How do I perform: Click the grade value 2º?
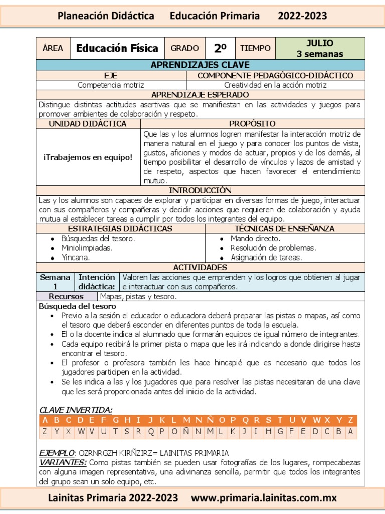tap(220, 48)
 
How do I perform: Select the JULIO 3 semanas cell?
tap(320, 48)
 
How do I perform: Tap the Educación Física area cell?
tap(117, 48)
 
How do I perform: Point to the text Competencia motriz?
tap(111, 85)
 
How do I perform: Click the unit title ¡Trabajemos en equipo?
tap(88, 157)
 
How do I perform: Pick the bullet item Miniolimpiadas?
tap(87, 248)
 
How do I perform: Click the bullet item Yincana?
tap(76, 258)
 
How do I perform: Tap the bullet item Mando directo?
tap(255, 239)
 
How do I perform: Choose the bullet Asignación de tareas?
tap(266, 258)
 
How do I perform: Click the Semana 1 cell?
tap(56, 282)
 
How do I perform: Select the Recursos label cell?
tap(66, 296)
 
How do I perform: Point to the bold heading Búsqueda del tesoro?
tap(77, 306)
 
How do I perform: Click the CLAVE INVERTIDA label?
tap(76, 410)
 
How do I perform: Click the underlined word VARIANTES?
tap(63, 462)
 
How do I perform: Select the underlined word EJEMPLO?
tap(57, 452)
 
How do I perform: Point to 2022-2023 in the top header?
tap(302, 16)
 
